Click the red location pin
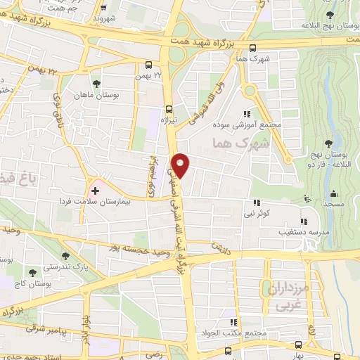click(x=181, y=165)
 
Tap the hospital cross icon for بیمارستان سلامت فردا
click(x=95, y=191)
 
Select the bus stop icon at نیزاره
click(x=168, y=108)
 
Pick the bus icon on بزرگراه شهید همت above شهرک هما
click(x=252, y=48)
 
